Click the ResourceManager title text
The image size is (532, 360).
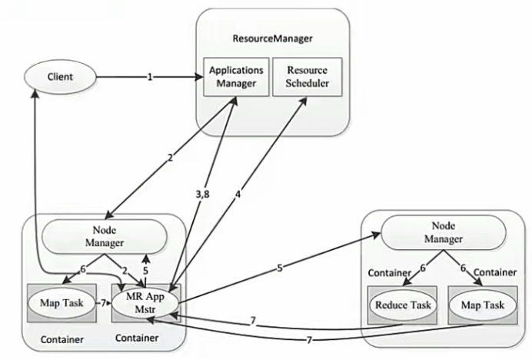(x=267, y=38)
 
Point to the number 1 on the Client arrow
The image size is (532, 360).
(x=151, y=78)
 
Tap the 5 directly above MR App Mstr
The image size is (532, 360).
(x=145, y=269)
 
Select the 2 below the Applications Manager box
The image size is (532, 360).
(x=168, y=159)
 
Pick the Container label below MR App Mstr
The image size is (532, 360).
(x=136, y=338)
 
